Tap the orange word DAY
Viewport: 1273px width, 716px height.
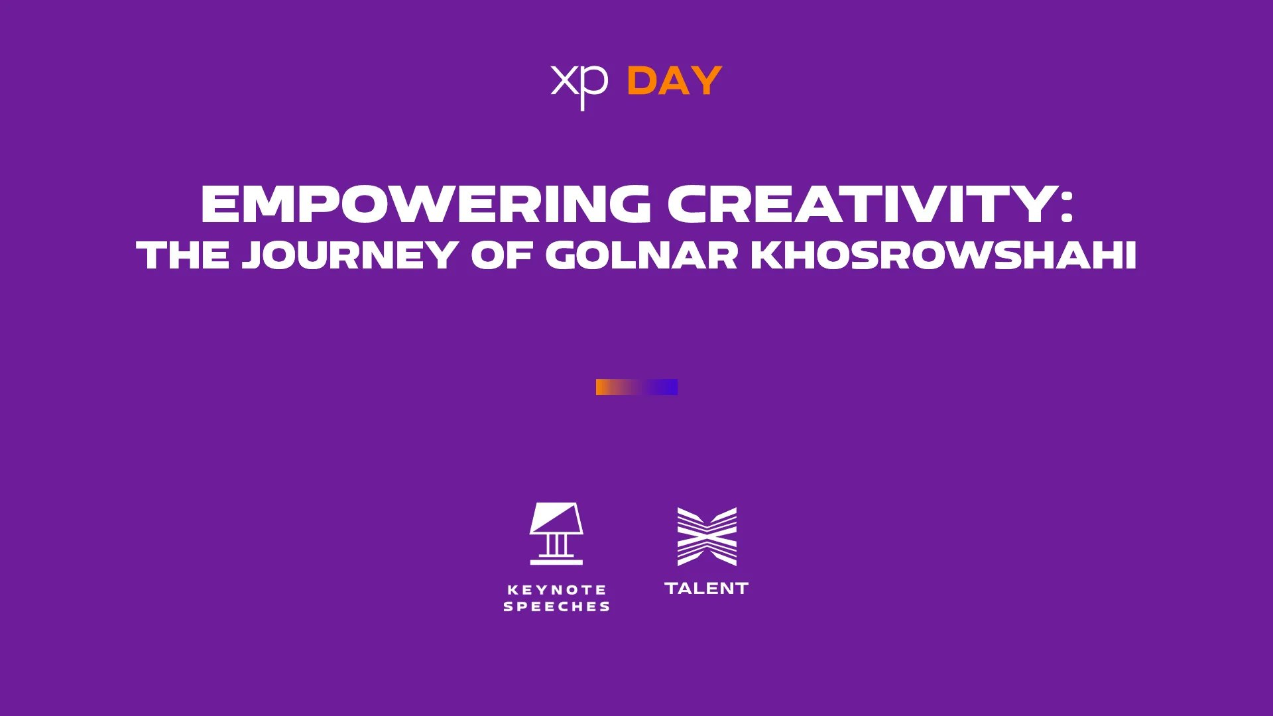pos(674,82)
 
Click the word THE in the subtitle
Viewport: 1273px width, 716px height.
pos(183,255)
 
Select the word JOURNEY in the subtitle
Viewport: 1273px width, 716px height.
pos(349,255)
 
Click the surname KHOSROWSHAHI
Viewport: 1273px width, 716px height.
pos(944,255)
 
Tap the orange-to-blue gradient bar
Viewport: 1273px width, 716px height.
pos(636,387)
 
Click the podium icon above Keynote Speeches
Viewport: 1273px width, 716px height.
pos(556,534)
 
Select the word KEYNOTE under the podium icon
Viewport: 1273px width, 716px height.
pos(557,589)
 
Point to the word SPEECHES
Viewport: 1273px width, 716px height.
pos(557,607)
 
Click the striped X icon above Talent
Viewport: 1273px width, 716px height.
pos(707,537)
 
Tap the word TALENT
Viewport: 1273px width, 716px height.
pos(707,588)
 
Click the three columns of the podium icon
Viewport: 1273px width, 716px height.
pos(556,545)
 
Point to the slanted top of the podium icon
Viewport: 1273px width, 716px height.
pos(556,518)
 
